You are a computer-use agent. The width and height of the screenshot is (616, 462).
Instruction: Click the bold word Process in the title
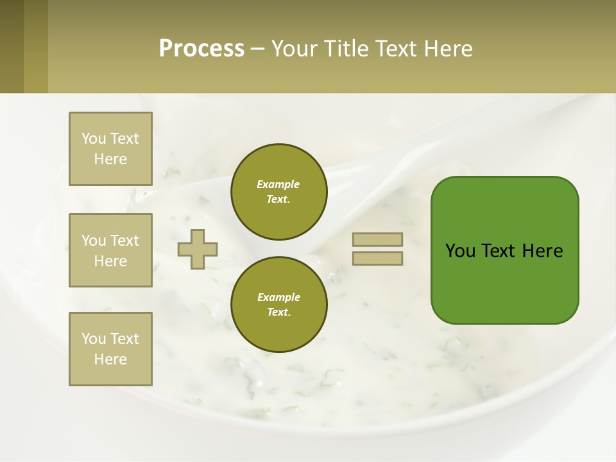pos(201,49)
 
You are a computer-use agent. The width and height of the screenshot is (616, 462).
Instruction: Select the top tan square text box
pos(110,149)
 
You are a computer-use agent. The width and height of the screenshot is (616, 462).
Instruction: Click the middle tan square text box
pos(110,250)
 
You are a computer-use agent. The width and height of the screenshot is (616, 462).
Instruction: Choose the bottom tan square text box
pos(110,349)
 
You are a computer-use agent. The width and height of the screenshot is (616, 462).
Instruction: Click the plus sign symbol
pos(198,249)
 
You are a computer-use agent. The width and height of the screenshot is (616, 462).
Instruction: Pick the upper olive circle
pos(278,192)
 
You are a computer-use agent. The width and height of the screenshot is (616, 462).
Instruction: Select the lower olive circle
pos(278,304)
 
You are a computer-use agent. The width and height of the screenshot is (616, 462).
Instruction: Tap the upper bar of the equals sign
pos(377,239)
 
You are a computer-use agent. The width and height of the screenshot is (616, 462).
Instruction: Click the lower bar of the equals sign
pos(377,258)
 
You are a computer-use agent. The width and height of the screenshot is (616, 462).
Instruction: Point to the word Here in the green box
pos(542,251)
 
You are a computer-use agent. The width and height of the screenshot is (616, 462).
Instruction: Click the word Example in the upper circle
pos(278,184)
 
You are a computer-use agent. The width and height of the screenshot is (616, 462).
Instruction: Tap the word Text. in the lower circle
pos(278,312)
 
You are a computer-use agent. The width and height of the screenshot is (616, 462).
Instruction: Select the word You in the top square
pos(94,139)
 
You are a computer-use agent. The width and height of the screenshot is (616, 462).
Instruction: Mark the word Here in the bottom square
pos(110,359)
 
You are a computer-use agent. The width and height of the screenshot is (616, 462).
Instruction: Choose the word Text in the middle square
pos(124,241)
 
